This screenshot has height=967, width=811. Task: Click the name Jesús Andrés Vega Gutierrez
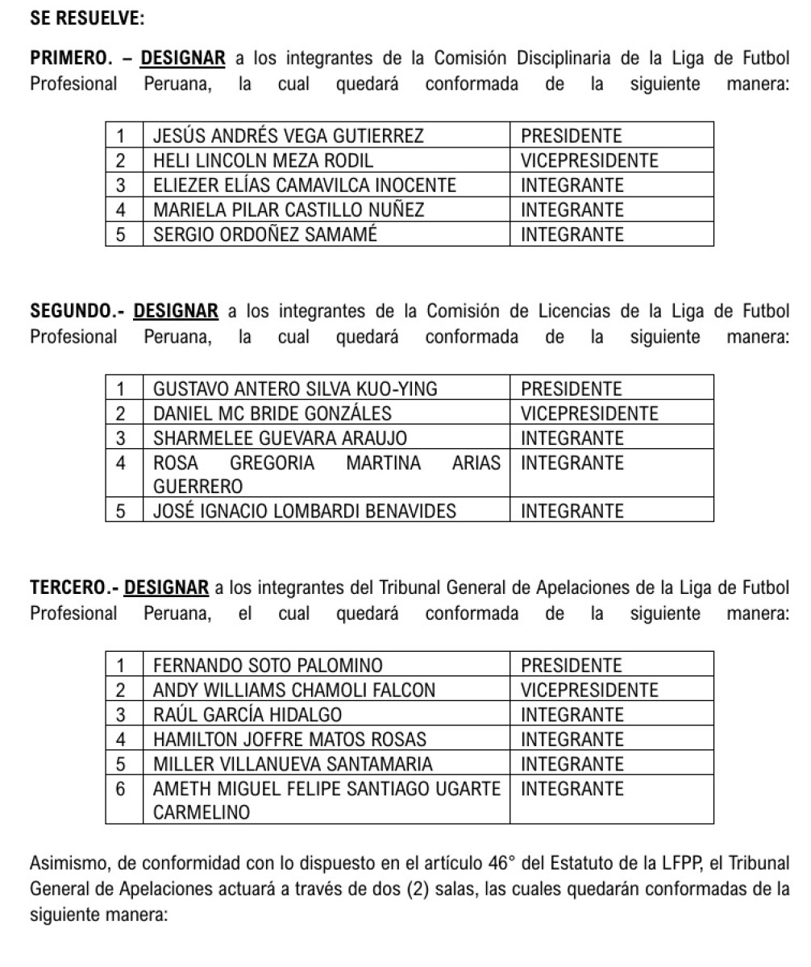[288, 135]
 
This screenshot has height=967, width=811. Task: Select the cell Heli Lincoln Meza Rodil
[264, 160]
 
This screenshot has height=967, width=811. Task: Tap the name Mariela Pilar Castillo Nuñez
[289, 210]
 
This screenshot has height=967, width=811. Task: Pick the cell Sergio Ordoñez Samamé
[265, 234]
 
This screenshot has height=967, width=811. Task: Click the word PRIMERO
[69, 59]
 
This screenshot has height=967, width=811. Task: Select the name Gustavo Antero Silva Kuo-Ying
[295, 389]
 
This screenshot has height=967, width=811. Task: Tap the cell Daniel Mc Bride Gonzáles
[272, 414]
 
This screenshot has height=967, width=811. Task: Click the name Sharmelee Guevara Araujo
[280, 438]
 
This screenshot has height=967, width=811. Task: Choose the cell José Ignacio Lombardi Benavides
[305, 511]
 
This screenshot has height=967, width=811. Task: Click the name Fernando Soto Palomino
[267, 666]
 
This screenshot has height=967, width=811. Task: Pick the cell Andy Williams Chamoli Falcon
[294, 690]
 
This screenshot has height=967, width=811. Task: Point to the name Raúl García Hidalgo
[247, 715]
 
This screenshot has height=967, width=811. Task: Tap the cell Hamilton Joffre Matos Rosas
[289, 739]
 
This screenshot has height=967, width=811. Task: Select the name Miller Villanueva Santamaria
[293, 764]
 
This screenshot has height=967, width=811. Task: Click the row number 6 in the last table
[123, 789]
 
